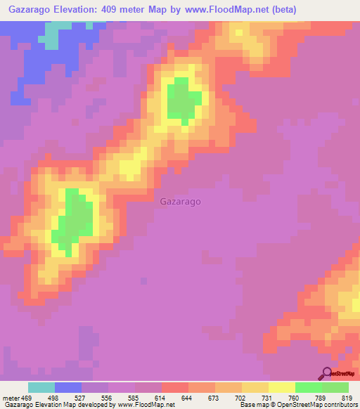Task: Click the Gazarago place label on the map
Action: [x=181, y=201]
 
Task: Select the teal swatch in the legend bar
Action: [x=41, y=387]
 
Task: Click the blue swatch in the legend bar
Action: [x=68, y=387]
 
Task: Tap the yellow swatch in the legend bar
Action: [x=281, y=387]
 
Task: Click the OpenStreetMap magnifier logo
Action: [x=327, y=374]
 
